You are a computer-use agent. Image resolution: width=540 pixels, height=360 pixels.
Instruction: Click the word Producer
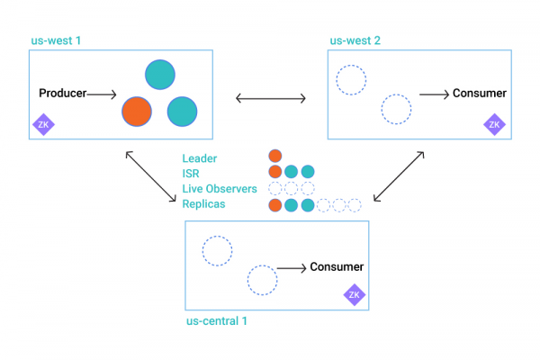click(x=62, y=94)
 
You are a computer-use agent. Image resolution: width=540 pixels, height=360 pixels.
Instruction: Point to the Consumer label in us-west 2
click(x=479, y=94)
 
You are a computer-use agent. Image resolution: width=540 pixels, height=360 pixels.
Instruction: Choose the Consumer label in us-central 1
click(x=337, y=267)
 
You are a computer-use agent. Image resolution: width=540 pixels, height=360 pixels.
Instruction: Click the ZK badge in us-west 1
click(x=42, y=125)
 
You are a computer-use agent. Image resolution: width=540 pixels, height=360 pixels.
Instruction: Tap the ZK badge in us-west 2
click(x=493, y=125)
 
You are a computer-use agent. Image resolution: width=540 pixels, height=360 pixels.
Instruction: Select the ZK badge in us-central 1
click(x=354, y=294)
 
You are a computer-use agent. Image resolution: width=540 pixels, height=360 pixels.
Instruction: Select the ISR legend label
click(x=191, y=174)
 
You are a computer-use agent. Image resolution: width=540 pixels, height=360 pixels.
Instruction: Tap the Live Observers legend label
click(x=220, y=189)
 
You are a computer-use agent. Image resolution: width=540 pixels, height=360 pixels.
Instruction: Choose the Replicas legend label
click(x=203, y=204)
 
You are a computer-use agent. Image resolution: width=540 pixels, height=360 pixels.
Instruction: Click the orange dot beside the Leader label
click(x=275, y=157)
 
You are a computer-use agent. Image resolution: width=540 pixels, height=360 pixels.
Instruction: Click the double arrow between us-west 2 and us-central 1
click(x=399, y=175)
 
